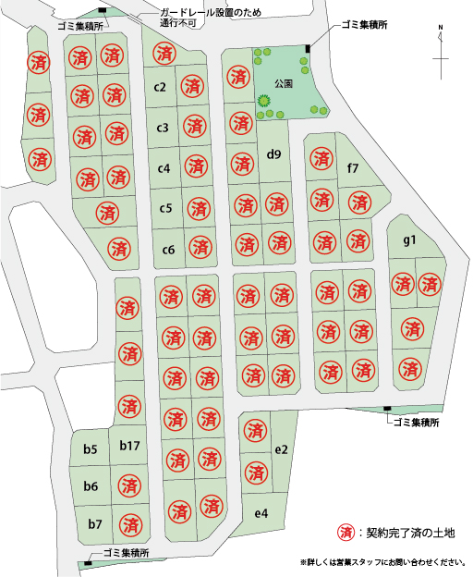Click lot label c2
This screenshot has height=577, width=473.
click(160, 88)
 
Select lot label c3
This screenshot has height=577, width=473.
click(162, 128)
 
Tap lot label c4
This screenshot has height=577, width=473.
click(164, 168)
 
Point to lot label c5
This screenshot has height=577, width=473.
click(165, 208)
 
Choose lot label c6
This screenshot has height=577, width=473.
click(168, 249)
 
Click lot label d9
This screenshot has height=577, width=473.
click(273, 153)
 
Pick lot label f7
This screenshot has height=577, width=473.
click(352, 168)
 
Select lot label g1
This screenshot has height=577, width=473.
click(410, 240)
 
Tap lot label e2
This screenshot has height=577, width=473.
click(282, 449)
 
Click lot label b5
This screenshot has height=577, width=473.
click(91, 449)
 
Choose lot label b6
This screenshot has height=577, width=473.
click(91, 486)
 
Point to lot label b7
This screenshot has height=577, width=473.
click(94, 523)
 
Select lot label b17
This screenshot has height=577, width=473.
click(129, 447)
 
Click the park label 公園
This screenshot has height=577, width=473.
click(283, 83)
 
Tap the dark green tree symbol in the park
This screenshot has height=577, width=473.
click(264, 100)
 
